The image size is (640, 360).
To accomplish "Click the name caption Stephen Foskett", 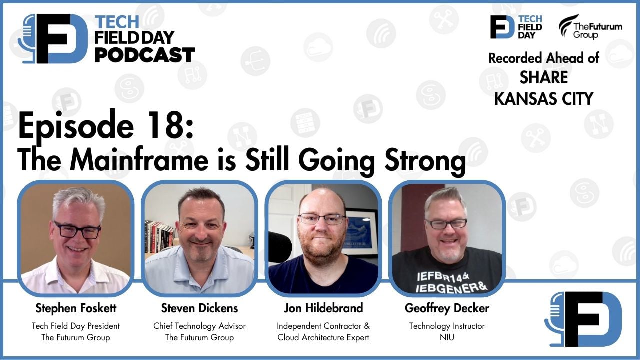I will click(x=76, y=307).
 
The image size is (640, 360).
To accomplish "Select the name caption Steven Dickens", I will click(x=199, y=307).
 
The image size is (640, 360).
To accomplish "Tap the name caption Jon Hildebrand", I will click(x=323, y=307).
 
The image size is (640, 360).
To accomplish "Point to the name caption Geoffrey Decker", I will click(x=447, y=308).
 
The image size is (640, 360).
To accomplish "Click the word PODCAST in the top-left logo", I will click(x=144, y=54).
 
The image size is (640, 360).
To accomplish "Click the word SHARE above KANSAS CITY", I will click(x=544, y=78).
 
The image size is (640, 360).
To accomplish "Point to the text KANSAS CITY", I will click(x=544, y=98).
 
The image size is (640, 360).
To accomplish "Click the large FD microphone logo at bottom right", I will click(x=583, y=319).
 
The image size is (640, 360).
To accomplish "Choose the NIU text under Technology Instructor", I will click(x=447, y=338).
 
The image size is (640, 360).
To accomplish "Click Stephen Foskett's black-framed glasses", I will click(x=77, y=230).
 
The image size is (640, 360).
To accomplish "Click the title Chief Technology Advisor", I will click(x=199, y=326).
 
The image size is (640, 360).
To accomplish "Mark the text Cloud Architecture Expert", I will click(x=323, y=338).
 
